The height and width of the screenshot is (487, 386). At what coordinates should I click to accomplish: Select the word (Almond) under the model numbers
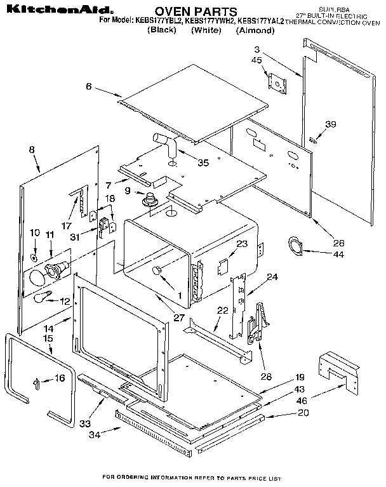255,30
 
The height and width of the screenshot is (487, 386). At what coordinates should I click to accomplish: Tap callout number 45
256,61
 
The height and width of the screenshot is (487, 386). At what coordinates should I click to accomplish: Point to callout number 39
329,124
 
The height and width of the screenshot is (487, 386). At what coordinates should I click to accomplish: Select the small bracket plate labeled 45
277,82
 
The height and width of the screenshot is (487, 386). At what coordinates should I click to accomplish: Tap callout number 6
89,86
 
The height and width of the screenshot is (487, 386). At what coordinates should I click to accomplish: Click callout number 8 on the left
31,150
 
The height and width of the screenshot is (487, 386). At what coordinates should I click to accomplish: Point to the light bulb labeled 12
44,296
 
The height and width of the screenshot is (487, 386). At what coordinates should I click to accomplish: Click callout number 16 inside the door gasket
60,378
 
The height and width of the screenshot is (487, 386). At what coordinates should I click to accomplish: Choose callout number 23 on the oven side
241,243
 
